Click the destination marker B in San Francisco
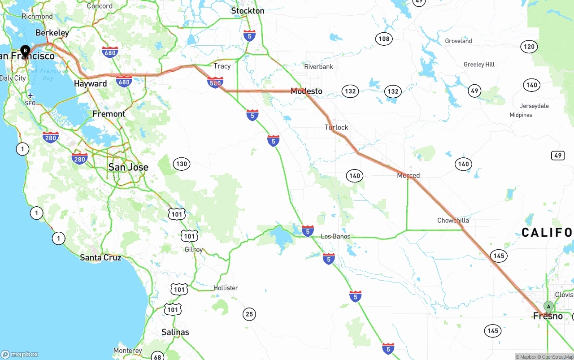pyautogui.click(x=26, y=50)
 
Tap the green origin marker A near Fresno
pyautogui.click(x=548, y=307)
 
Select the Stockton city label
pyautogui.click(x=248, y=11)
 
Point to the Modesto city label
pyautogui.click(x=306, y=91)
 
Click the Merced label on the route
pyautogui.click(x=408, y=176)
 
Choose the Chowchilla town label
pyautogui.click(x=453, y=220)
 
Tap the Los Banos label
pyautogui.click(x=335, y=236)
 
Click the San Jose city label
pyautogui.click(x=128, y=167)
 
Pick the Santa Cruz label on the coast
pyautogui.click(x=100, y=257)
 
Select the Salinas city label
pyautogui.click(x=175, y=332)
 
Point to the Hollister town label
pyautogui.click(x=226, y=288)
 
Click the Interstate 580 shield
pyautogui.click(x=215, y=82)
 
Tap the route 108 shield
pyautogui.click(x=384, y=39)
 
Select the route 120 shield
pyautogui.click(x=529, y=47)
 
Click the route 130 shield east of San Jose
pyautogui.click(x=182, y=164)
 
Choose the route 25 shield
pyautogui.click(x=249, y=314)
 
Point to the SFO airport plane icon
pyautogui.click(x=30, y=95)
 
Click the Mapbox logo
pyautogui.click(x=20, y=354)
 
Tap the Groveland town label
pyautogui.click(x=458, y=41)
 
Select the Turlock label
pyautogui.click(x=336, y=127)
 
